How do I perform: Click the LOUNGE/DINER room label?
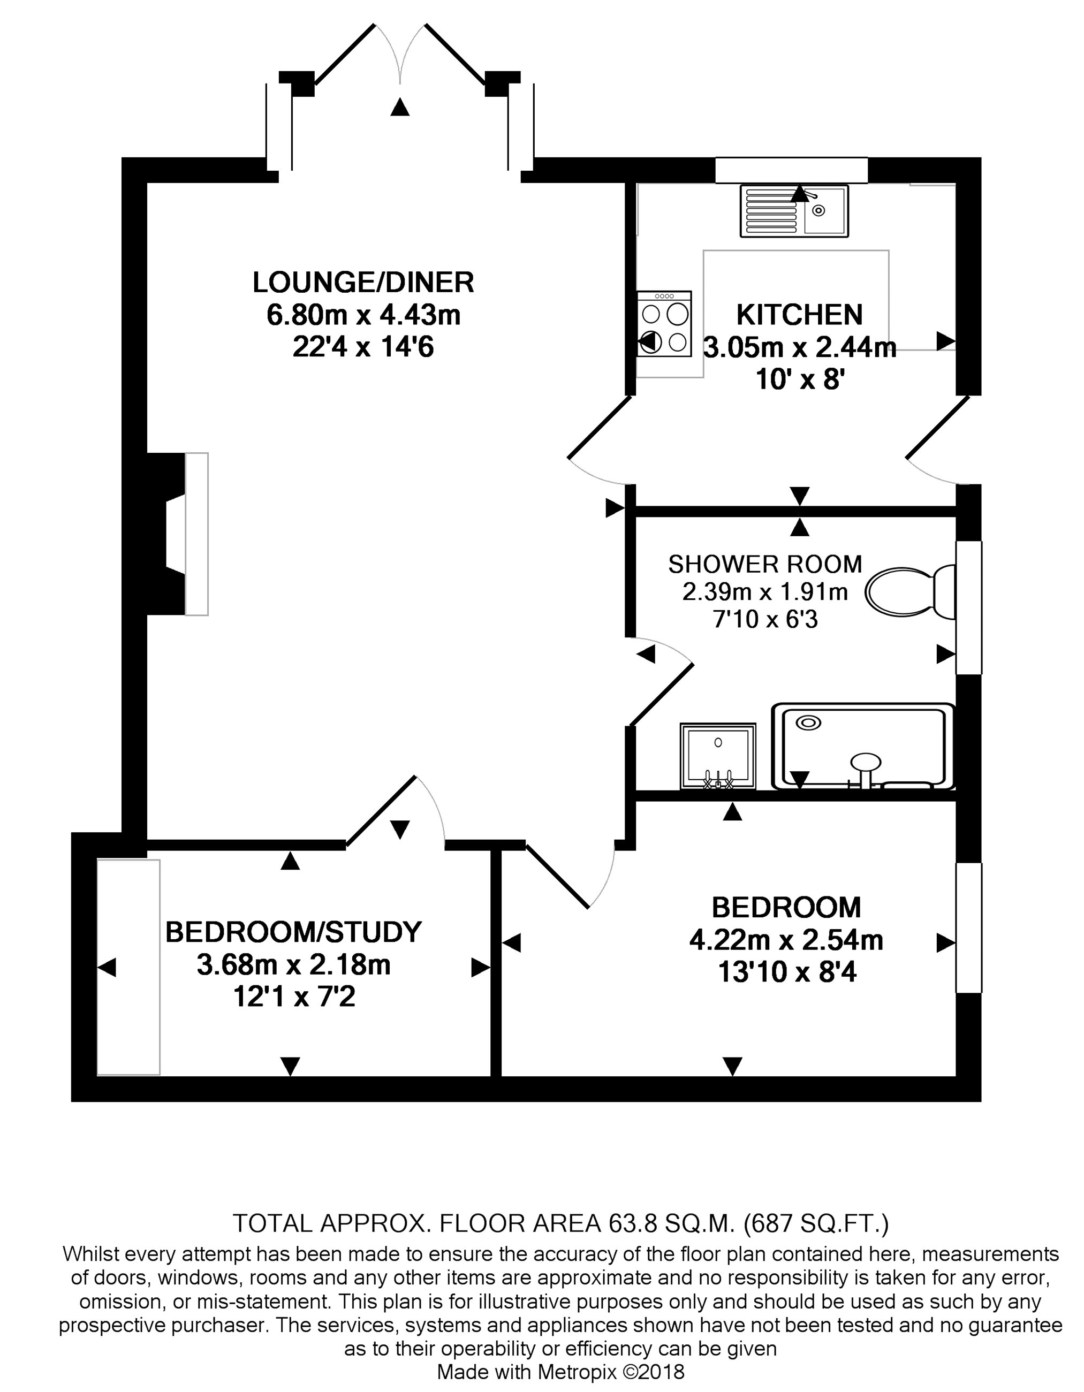363,283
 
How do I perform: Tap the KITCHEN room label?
800,315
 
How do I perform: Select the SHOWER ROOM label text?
765,564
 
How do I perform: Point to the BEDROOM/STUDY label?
293,932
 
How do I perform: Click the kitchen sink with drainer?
794,211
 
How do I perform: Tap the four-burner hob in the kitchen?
664,324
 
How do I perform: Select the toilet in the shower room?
910,592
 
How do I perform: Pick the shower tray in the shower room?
863,747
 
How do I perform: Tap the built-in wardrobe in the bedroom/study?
128,967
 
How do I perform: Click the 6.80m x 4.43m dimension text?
363,315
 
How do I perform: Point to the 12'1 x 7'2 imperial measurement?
294,996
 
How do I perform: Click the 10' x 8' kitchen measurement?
800,380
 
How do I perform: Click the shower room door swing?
661,681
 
